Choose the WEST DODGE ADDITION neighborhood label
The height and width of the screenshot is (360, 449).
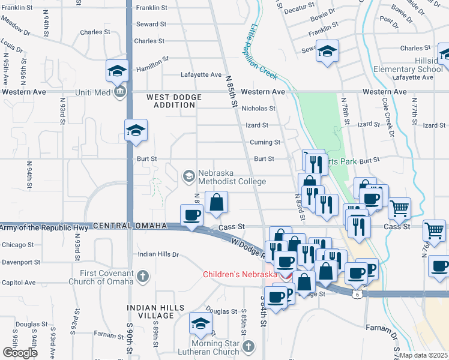click(172, 100)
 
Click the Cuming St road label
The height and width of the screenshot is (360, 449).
click(265, 142)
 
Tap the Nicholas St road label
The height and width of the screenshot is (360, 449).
click(258, 109)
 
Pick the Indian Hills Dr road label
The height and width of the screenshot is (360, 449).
click(158, 254)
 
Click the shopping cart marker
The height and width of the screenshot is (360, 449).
click(399, 209)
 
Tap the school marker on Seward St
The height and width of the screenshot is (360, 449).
click(328, 51)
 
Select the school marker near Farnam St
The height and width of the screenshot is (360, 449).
click(200, 323)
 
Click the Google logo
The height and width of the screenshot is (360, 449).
click(19, 353)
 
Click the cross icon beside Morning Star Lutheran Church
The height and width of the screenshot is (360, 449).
click(250, 346)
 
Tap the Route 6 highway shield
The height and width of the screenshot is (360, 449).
click(358, 294)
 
